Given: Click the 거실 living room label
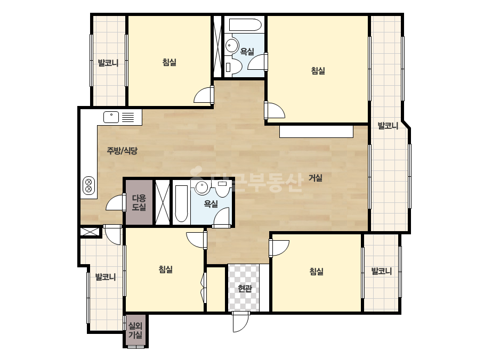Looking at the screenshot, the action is (x=316, y=178).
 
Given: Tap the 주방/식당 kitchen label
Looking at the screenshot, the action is (x=122, y=151).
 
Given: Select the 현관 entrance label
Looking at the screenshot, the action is (x=245, y=288).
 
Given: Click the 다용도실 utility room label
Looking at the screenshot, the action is (x=139, y=202).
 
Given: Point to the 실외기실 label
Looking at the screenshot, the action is (x=135, y=331).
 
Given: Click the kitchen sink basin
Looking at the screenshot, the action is (x=111, y=117).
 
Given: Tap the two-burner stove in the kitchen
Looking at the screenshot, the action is (x=89, y=185).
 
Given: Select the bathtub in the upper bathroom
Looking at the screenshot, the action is (x=245, y=25).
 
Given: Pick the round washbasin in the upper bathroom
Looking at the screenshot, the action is (x=232, y=46).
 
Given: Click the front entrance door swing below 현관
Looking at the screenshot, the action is (x=241, y=322).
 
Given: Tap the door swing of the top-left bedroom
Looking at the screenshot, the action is (x=203, y=95).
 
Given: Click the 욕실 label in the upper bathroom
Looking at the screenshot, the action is (x=247, y=51).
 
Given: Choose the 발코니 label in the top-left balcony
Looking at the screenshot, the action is (x=108, y=63).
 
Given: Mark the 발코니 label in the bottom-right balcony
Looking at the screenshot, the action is (x=382, y=271).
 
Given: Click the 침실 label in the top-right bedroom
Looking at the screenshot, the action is (x=318, y=70).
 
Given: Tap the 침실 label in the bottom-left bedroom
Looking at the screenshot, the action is (x=165, y=269).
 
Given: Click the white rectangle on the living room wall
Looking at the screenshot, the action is (x=316, y=132).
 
